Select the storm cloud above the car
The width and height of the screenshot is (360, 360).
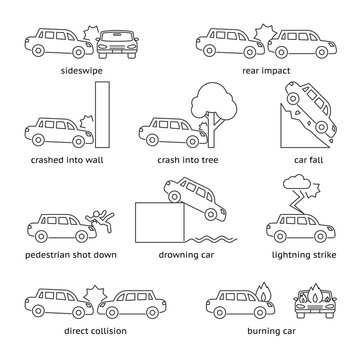pos(298,184)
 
